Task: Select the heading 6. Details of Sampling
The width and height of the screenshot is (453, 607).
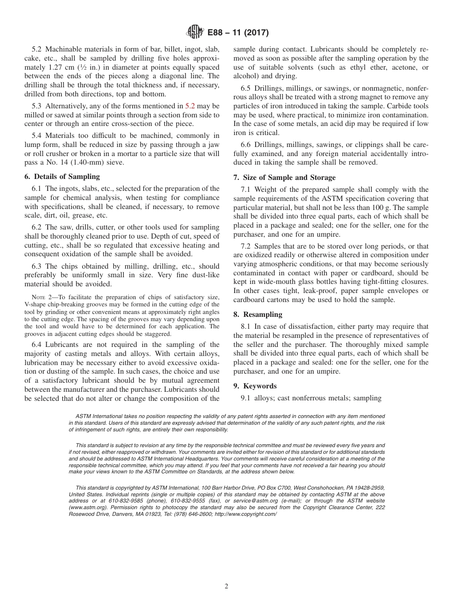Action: (x=62, y=176)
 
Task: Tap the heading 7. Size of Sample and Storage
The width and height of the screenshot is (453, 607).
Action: (x=284, y=178)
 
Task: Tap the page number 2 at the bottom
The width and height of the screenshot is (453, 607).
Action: (x=226, y=586)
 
